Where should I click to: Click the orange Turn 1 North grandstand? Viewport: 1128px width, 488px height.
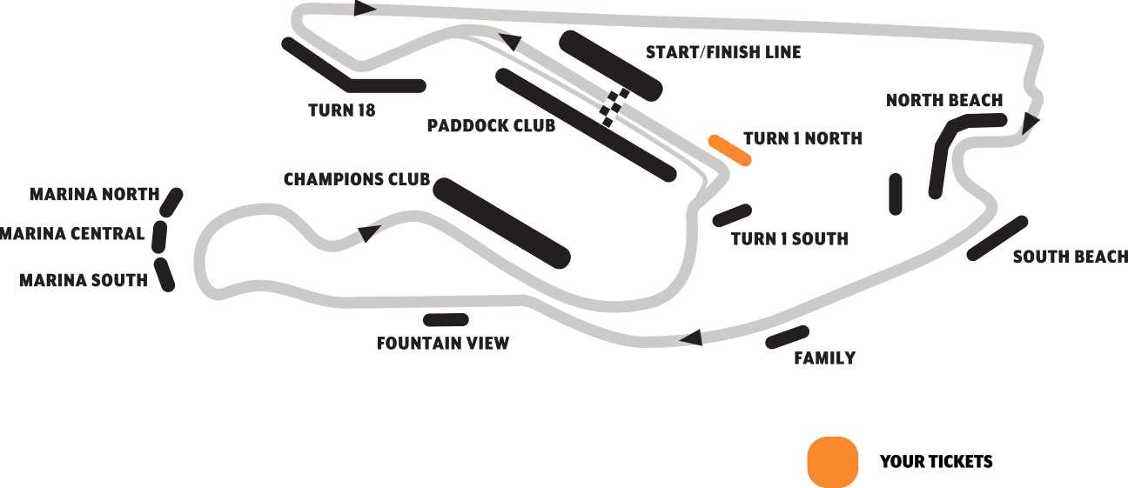[729, 150]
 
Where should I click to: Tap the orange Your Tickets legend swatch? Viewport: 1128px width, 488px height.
[833, 461]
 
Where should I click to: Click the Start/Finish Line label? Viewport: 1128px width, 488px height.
[722, 52]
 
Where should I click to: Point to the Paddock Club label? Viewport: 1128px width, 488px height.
[491, 126]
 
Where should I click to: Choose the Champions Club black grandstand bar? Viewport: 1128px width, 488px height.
[501, 223]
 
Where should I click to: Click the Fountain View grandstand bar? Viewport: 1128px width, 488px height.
[446, 320]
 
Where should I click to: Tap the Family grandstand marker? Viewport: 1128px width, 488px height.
[788, 338]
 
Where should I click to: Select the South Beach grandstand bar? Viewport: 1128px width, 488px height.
[997, 237]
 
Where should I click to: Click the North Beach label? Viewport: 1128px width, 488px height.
[944, 100]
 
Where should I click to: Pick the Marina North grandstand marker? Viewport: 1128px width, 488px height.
[171, 203]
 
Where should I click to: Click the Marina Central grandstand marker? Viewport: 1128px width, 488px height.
[159, 236]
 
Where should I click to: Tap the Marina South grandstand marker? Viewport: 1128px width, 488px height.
[164, 274]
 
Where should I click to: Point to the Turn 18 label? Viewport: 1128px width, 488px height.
[342, 110]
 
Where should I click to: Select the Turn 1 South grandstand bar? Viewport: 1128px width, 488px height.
[732, 215]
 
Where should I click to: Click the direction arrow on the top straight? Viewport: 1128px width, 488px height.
[365, 9]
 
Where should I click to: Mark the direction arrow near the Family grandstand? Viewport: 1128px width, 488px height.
[691, 338]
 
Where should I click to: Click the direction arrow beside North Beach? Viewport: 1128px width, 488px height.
[1031, 123]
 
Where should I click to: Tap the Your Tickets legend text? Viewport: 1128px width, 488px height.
[936, 461]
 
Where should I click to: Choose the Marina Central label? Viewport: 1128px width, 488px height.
[72, 233]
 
